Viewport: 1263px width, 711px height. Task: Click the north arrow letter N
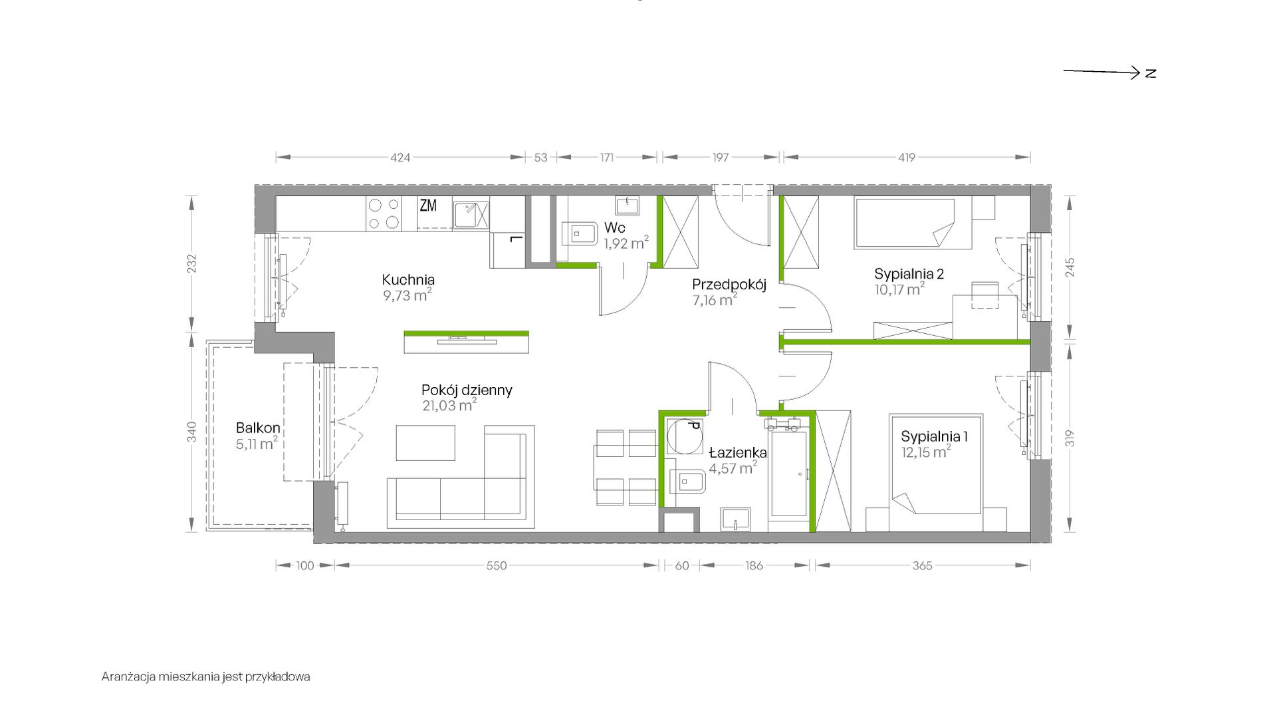pyautogui.click(x=1151, y=73)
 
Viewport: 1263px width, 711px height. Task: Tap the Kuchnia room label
pyautogui.click(x=408, y=280)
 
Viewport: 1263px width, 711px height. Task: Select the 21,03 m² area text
pyautogui.click(x=449, y=405)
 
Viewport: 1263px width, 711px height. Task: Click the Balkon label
pyautogui.click(x=258, y=428)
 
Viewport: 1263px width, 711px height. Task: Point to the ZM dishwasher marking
pyautogui.click(x=428, y=206)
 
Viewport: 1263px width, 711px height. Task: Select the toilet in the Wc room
pyautogui.click(x=580, y=233)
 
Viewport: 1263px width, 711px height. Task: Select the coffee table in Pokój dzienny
pyautogui.click(x=426, y=443)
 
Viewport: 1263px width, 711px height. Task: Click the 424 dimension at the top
pyautogui.click(x=400, y=158)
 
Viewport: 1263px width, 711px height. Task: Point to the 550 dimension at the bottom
pyautogui.click(x=497, y=566)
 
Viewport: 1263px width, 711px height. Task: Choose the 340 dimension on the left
pyautogui.click(x=191, y=432)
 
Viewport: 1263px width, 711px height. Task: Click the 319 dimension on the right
pyautogui.click(x=1070, y=438)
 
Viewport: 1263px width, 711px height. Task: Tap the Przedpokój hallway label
pyautogui.click(x=729, y=285)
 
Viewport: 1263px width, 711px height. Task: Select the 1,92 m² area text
pyautogui.click(x=626, y=243)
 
